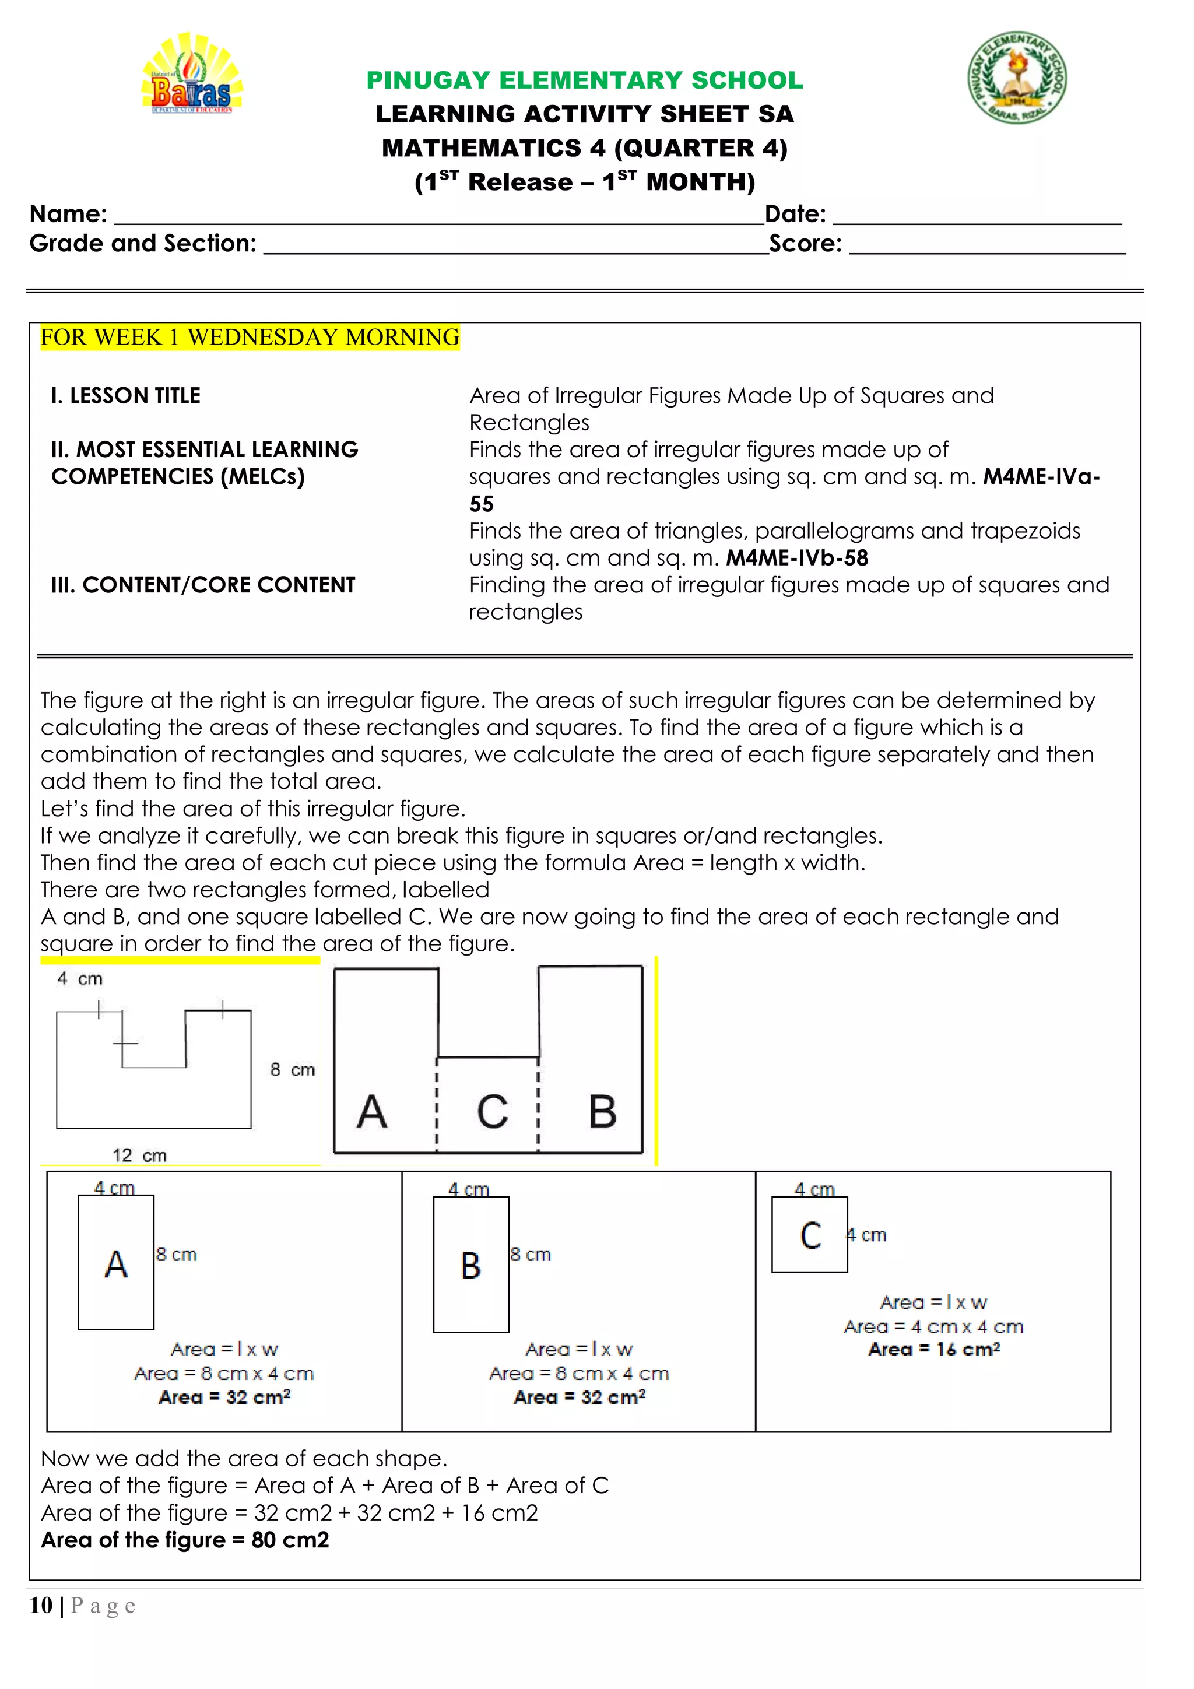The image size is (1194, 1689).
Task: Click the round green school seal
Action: (x=1017, y=78)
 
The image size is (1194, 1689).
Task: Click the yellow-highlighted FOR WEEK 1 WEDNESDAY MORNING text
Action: (x=250, y=338)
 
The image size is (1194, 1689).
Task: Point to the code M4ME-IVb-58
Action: (x=797, y=559)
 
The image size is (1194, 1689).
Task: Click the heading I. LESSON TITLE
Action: (x=126, y=396)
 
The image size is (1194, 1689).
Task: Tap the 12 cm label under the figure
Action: (x=139, y=1155)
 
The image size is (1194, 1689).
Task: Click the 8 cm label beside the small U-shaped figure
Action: (x=292, y=1070)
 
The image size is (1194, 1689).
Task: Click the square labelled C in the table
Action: (x=809, y=1235)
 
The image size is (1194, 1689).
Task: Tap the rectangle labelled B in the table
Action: (x=471, y=1265)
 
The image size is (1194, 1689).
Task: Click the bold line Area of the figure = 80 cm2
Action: (x=185, y=1540)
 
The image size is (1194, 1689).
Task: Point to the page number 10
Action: (x=40, y=1605)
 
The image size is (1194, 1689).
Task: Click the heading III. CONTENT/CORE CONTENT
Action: (x=203, y=585)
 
